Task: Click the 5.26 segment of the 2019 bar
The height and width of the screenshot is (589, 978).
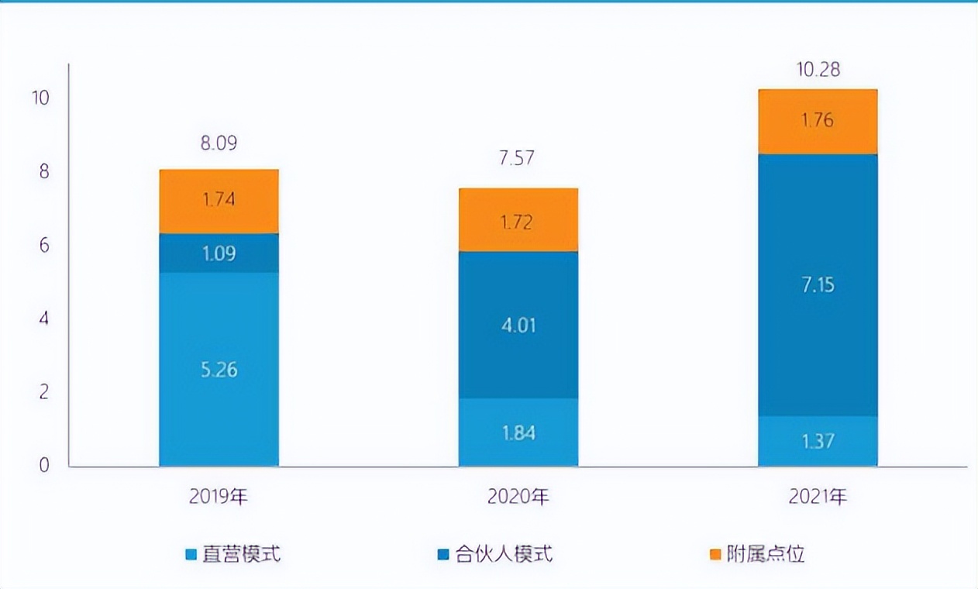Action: [219, 370]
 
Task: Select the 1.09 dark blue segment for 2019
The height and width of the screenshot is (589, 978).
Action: [219, 253]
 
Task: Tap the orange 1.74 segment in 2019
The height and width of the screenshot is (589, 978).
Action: [219, 201]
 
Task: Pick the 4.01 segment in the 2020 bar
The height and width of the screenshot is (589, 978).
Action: [518, 325]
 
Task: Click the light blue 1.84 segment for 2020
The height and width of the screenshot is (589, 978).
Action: [518, 432]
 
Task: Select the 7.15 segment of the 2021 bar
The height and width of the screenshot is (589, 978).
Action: [818, 285]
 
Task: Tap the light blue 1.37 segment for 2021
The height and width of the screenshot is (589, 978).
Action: [818, 442]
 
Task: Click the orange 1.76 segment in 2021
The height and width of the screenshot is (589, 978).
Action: [818, 122]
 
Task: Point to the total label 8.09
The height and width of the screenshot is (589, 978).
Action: [219, 143]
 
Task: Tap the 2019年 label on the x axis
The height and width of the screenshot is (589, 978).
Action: [219, 497]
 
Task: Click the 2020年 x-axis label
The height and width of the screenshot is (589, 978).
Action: [518, 497]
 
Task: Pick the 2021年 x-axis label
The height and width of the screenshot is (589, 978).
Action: [818, 497]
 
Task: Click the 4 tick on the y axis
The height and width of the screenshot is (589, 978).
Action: [43, 319]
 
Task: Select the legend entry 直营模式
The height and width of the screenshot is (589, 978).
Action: [232, 554]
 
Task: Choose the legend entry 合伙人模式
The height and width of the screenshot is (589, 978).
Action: [495, 554]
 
